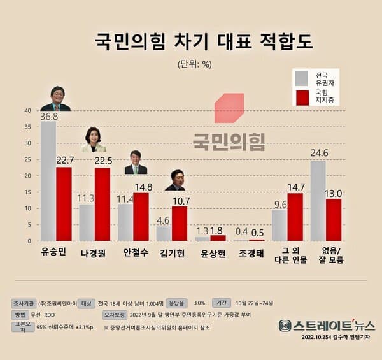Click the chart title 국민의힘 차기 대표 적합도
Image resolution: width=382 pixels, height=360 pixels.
click(190, 42)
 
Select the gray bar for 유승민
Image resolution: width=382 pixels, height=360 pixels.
click(48, 182)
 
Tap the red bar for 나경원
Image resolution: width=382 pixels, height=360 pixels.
click(102, 205)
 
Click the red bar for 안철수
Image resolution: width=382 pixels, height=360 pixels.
click(141, 217)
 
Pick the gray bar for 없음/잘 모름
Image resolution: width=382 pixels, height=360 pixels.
click(318, 201)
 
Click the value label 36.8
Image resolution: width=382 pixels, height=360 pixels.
click(48, 117)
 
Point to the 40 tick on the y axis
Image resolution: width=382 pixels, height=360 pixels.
click(27, 110)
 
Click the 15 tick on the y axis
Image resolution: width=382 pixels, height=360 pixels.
click(27, 192)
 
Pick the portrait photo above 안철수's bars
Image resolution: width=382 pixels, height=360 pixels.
click(135, 162)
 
